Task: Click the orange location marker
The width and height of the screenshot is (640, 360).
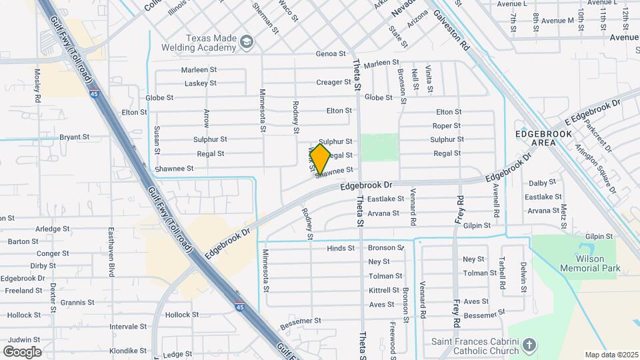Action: [x=321, y=159]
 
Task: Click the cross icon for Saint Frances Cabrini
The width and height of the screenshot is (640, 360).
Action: [x=529, y=345]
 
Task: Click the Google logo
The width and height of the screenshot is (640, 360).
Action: [x=22, y=351]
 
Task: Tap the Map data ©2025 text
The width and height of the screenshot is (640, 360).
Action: [x=611, y=355]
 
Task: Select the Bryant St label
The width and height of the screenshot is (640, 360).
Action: [x=74, y=137]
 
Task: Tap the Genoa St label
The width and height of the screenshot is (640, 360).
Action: [x=331, y=54]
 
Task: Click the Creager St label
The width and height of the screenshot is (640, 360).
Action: [x=333, y=83]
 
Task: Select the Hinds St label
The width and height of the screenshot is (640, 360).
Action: [x=341, y=249]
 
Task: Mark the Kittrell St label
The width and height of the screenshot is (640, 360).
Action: [x=384, y=291]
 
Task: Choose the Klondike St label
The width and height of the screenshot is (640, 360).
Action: [x=128, y=351]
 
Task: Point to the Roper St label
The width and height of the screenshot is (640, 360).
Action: [x=447, y=126]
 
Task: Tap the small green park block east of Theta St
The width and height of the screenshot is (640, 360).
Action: [x=379, y=147]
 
